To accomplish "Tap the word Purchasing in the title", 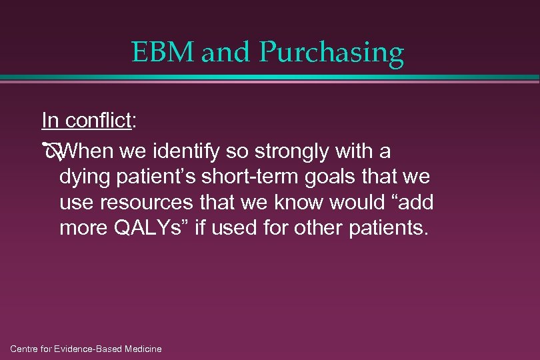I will (x=331, y=53).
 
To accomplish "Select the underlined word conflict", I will (x=101, y=121).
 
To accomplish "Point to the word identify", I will (x=188, y=153).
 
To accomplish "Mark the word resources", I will (x=136, y=203).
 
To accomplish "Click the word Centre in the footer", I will (x=25, y=349).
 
